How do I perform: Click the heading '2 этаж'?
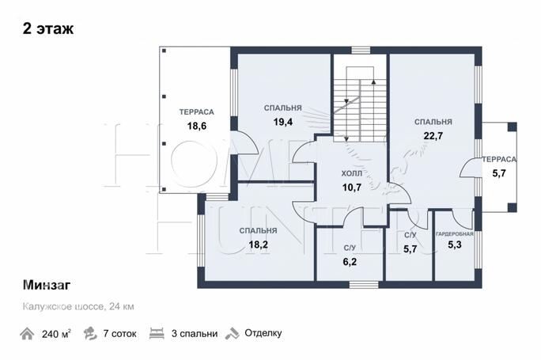coord(48,28)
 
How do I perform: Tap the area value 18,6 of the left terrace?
coord(197,126)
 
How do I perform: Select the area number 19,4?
coord(283,122)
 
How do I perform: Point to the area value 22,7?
coord(433,136)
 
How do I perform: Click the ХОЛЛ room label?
coord(352,173)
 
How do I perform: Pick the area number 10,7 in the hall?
coord(352,188)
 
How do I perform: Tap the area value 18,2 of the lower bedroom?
coord(258,244)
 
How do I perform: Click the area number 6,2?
coord(350,262)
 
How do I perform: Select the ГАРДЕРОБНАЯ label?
coord(455,233)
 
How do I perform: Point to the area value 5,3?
coord(455,244)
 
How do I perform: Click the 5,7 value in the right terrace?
coord(499,173)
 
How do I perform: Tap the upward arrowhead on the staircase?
coord(373,81)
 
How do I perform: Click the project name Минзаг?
coord(47,285)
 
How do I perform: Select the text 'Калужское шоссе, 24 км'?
coord(78,306)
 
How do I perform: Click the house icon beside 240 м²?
coord(27,334)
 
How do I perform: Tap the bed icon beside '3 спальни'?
coord(157,333)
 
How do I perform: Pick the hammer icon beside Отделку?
coord(233,333)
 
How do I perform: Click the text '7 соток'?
coord(119,334)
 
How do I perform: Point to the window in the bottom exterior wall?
coord(364,284)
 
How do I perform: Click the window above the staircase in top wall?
coord(361,51)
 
